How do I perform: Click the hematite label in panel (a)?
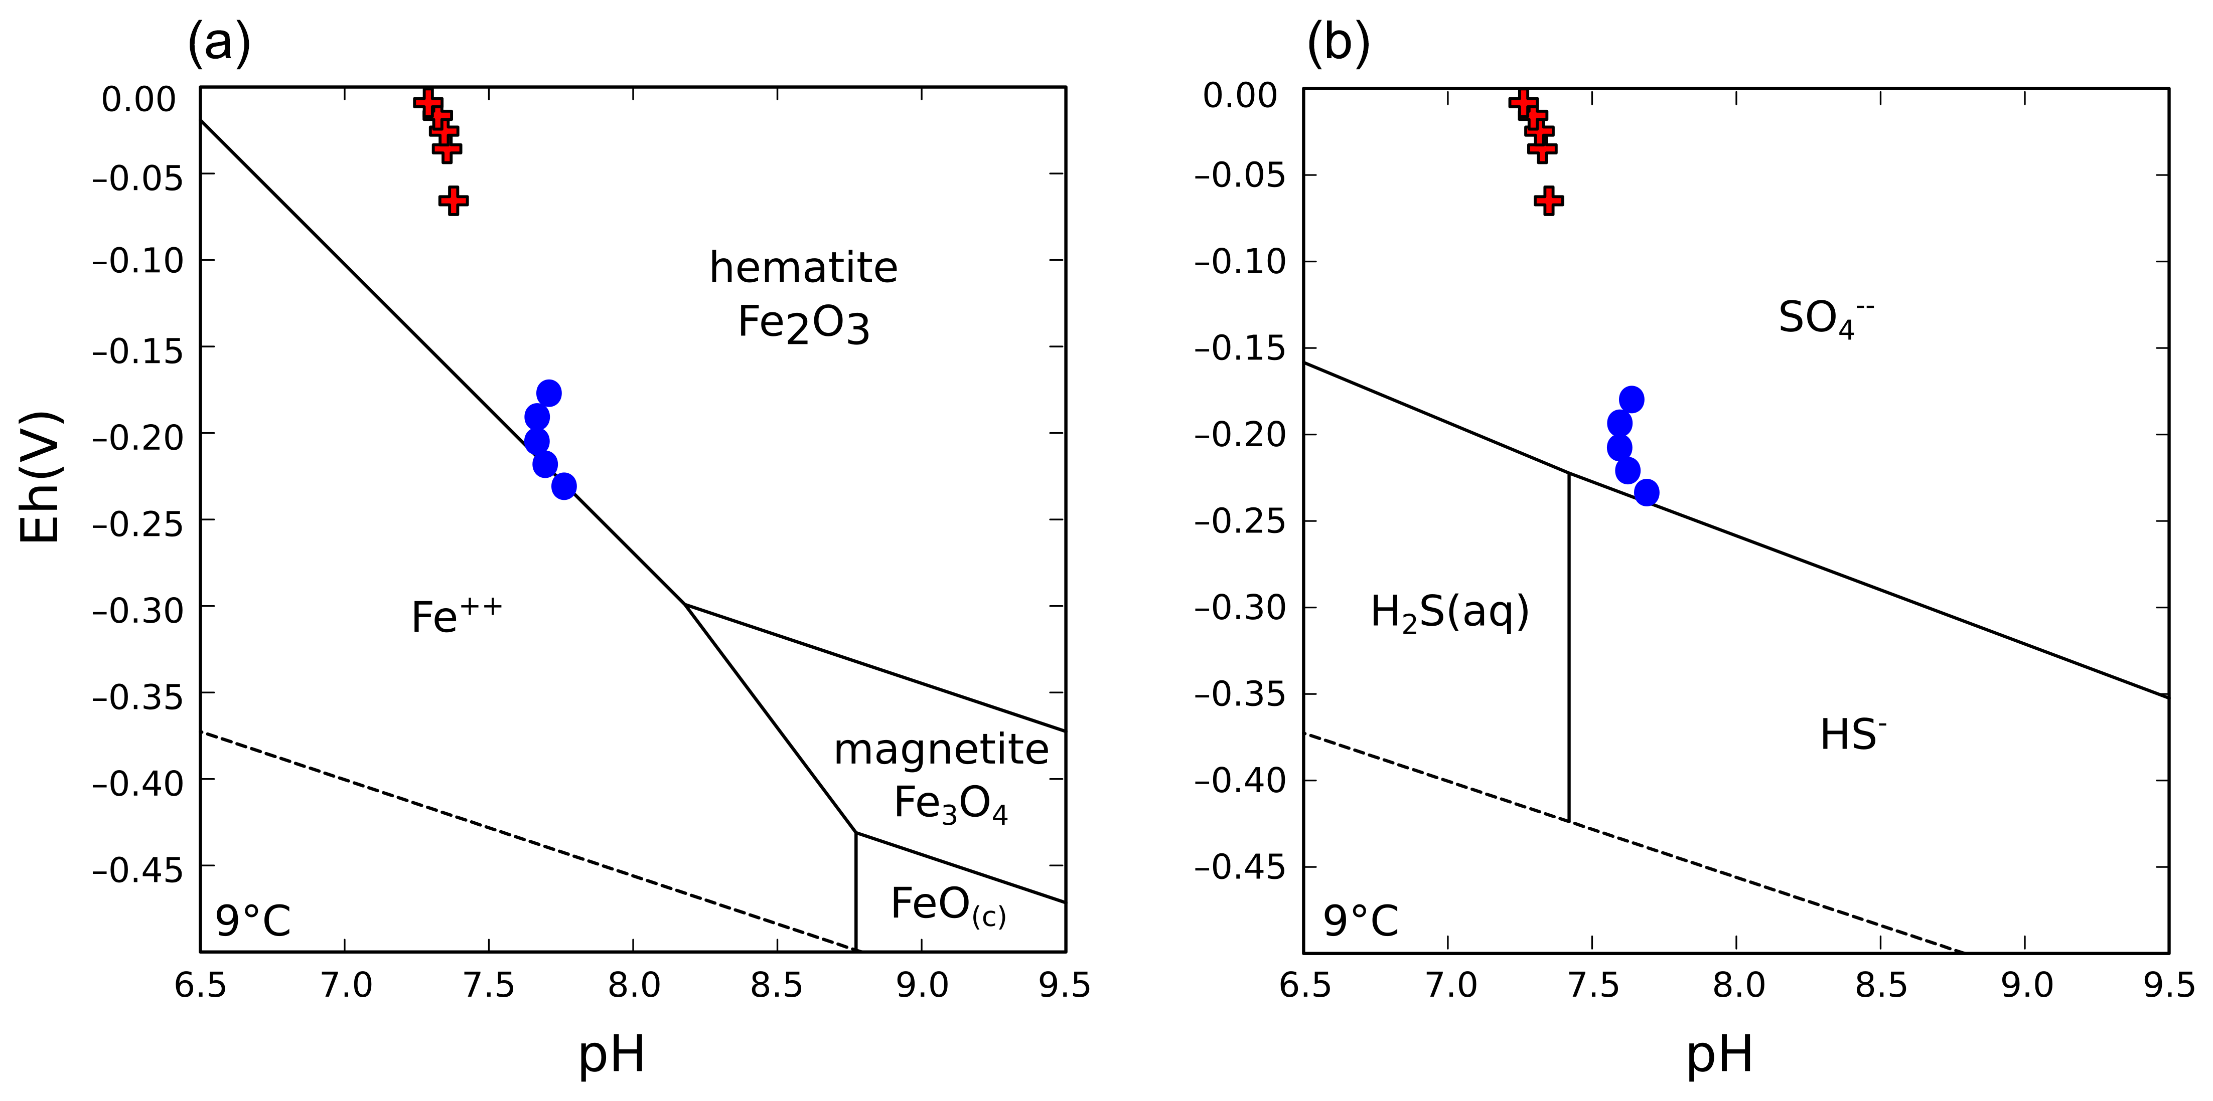[x=803, y=268]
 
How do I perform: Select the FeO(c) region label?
[x=948, y=905]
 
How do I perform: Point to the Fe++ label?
[x=456, y=616]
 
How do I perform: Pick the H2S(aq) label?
[x=1450, y=612]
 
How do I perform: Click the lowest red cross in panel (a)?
[x=454, y=201]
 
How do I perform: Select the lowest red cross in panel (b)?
[x=1548, y=201]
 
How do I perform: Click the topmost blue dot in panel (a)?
[x=549, y=394]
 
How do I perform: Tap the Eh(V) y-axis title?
[x=40, y=477]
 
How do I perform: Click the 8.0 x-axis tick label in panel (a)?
[x=634, y=986]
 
